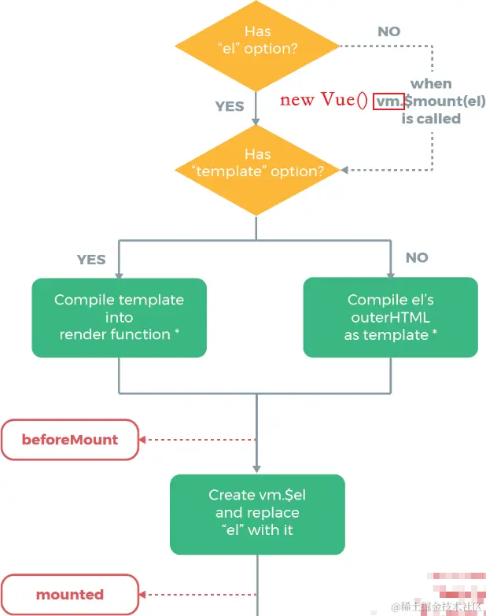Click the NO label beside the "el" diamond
pos(388,31)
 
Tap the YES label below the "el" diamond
pos(230,105)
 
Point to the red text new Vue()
pos(324,100)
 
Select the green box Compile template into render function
pos(119,317)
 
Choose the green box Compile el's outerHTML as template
pos(390,317)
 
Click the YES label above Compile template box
pos(91,259)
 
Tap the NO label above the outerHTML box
pos(417,257)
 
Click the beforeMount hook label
pos(70,440)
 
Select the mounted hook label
pos(70,595)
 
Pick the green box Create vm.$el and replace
pos(257,512)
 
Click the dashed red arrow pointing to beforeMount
pos(197,440)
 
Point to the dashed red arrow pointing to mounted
pos(197,595)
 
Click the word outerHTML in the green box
pos(391,317)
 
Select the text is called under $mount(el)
pos(431,119)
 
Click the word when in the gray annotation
pos(431,83)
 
